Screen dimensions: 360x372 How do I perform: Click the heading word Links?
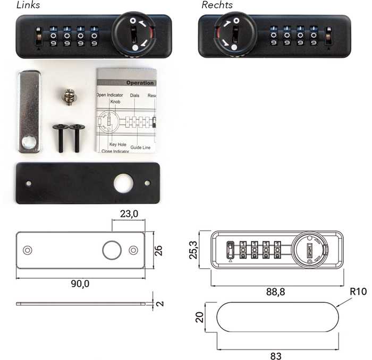point(28,5)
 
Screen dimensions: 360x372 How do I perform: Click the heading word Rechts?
point(217,5)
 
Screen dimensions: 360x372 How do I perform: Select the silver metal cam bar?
point(29,112)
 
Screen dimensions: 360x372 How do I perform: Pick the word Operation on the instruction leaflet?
point(139,83)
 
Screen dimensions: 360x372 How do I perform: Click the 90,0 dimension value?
point(80,284)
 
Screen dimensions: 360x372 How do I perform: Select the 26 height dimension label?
point(158,250)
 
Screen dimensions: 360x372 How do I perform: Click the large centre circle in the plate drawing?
point(112,250)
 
